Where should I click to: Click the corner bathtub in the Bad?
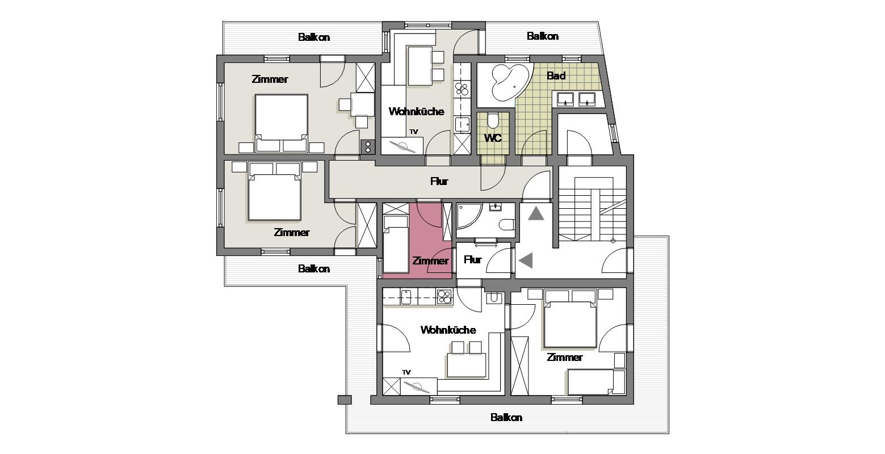point(510,82)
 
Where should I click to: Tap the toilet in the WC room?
point(493,120)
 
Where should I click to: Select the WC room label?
point(493,138)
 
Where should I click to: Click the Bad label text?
point(556,75)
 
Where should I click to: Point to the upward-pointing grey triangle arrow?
point(536,214)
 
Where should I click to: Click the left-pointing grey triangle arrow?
point(526,261)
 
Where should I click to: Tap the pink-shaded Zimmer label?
point(430,261)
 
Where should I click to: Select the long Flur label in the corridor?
point(439,182)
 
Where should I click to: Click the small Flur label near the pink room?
point(472,259)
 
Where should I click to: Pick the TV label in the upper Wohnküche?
point(414,132)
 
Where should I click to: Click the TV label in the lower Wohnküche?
point(406,372)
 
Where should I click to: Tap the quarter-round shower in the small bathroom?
point(468,217)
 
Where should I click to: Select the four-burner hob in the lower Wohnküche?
point(444,297)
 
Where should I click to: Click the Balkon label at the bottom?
point(506,418)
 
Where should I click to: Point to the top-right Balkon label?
point(543,36)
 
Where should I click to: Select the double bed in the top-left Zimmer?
point(282,123)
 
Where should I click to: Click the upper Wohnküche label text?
point(417,111)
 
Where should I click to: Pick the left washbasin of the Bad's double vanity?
point(565,99)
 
